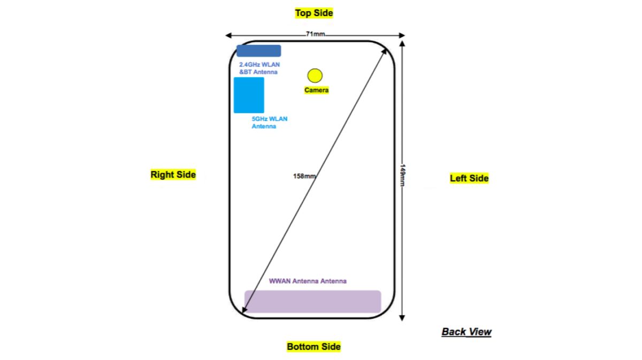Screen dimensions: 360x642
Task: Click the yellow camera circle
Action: tap(315, 75)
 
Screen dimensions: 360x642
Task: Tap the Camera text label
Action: tap(316, 90)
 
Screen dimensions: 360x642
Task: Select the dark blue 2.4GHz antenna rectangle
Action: tap(258, 51)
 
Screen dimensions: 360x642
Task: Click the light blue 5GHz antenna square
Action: tap(249, 95)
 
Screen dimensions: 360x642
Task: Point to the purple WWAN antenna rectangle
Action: tap(312, 302)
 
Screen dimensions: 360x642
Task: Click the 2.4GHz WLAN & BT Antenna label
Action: tap(259, 68)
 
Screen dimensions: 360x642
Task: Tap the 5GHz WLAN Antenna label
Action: tap(269, 122)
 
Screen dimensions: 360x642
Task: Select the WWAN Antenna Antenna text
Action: tap(307, 281)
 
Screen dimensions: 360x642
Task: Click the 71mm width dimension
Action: tap(315, 34)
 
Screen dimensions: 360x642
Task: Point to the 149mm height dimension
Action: tap(402, 175)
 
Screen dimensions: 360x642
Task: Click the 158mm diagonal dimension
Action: tap(303, 176)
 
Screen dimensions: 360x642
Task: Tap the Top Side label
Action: tap(314, 13)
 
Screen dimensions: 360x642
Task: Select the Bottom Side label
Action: tap(314, 347)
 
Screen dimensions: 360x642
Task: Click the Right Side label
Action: tap(173, 174)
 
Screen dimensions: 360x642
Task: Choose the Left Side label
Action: tap(469, 178)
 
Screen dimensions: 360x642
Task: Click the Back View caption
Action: tap(466, 332)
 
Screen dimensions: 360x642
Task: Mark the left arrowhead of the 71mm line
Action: tap(228, 35)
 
